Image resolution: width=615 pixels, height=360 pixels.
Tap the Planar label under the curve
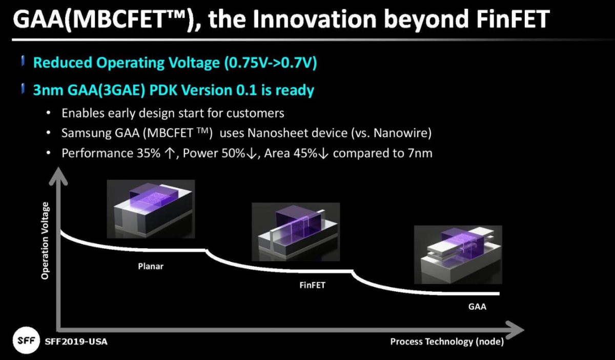151,266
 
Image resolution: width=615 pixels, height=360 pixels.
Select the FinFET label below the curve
312,285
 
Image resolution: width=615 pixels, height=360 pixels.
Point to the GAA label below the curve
477,307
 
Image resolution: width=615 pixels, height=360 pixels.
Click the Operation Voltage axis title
45,241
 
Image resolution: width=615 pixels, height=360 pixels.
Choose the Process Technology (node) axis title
447,342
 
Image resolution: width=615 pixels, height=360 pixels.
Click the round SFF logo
26,341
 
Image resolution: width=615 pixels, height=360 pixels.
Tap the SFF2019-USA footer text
76,342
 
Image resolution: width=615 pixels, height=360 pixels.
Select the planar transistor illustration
151,209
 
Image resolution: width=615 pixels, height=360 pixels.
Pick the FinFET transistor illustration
296,232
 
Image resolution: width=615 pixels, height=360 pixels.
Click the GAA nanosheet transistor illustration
458,255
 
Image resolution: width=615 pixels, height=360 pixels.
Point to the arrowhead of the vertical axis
58,176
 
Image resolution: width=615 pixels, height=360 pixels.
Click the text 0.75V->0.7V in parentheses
271,63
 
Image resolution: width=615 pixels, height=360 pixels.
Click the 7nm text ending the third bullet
420,153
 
